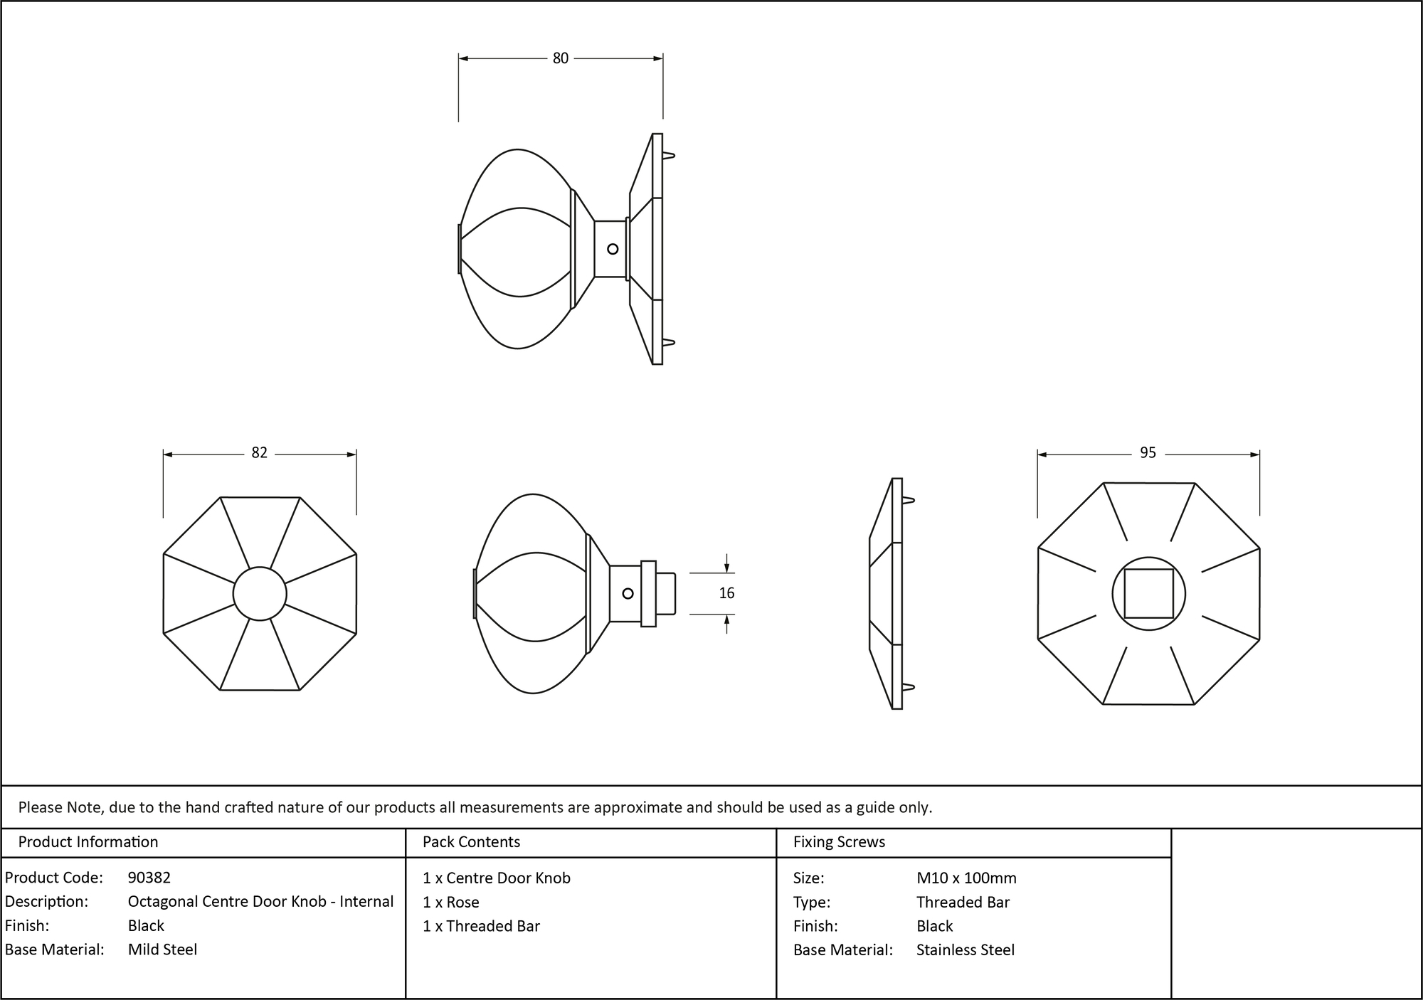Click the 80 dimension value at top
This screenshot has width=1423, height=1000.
pos(560,58)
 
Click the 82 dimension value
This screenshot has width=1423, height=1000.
pos(259,453)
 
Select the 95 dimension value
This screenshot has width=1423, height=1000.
pos(1148,453)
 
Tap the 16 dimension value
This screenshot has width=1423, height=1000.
pos(726,593)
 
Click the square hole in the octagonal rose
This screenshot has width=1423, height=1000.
pos(1148,593)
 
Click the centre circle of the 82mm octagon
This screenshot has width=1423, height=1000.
pos(260,593)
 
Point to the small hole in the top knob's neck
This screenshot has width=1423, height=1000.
pos(613,249)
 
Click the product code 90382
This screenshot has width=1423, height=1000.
pos(149,878)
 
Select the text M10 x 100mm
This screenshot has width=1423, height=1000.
pos(966,878)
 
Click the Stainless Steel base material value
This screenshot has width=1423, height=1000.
pos(965,950)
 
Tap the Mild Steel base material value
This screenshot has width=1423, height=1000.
pos(162,950)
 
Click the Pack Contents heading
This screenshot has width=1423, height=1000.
pos(471,842)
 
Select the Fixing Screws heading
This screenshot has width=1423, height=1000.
pos(839,842)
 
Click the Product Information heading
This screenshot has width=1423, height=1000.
pos(88,842)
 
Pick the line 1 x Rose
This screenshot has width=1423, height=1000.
pos(450,902)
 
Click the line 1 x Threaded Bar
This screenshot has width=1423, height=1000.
pos(481,926)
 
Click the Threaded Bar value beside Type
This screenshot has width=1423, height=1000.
pos(963,902)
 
